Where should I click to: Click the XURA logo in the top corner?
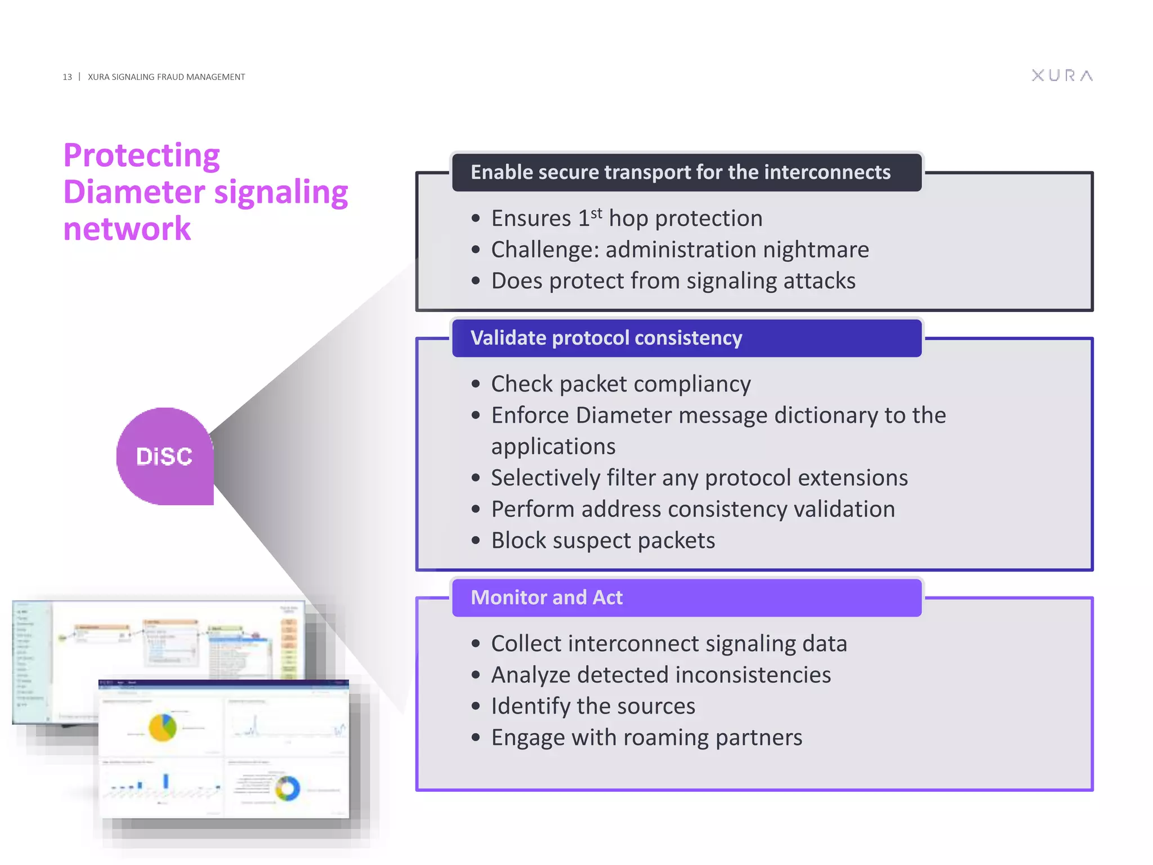coord(1062,75)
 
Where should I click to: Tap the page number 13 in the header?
coord(67,77)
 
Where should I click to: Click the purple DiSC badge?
coord(164,456)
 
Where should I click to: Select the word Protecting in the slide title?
coord(141,155)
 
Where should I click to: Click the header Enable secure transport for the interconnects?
coord(680,172)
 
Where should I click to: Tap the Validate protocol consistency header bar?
coord(606,338)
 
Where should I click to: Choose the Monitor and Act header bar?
coord(546,598)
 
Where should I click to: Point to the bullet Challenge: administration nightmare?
coord(680,249)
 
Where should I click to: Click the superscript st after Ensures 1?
coord(597,213)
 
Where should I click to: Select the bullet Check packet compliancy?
coord(620,384)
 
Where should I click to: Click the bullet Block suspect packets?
coord(602,541)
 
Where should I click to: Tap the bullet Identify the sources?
coord(593,706)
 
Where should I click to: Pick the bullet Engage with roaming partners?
coord(646,738)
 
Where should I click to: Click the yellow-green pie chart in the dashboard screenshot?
coord(163,727)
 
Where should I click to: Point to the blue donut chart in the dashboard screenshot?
coord(288,788)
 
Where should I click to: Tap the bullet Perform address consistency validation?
coord(692,509)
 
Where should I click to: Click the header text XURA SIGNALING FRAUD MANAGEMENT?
coord(166,77)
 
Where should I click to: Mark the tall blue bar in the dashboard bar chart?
coord(166,781)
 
